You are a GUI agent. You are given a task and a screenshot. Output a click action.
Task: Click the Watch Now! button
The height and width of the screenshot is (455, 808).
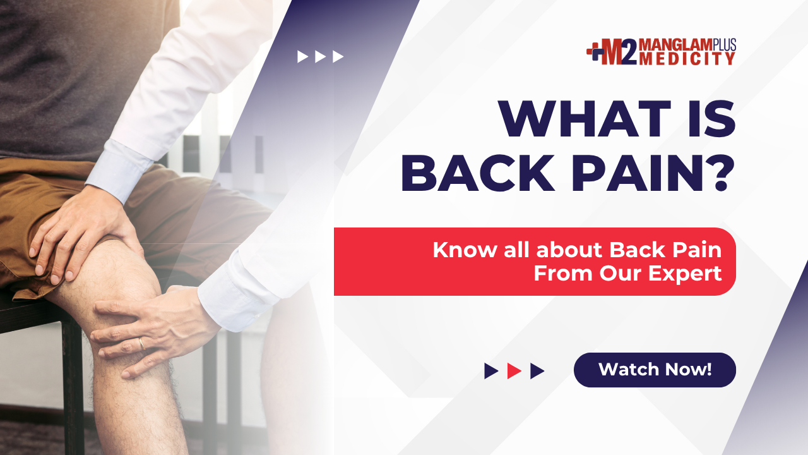pos(655,370)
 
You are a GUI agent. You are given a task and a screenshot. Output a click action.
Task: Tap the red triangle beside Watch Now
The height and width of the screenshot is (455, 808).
pos(514,371)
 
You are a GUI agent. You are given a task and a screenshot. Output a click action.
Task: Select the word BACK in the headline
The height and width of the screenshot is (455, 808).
pos(478,173)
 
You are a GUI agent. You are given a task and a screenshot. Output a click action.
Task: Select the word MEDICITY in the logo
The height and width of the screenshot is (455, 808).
pos(687,59)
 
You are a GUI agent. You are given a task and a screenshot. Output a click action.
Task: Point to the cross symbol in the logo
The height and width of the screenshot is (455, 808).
pos(595,52)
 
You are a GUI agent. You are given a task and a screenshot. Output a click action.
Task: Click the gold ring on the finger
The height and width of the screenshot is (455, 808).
pos(142,343)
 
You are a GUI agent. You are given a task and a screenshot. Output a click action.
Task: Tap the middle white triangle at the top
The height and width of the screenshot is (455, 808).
pos(320,57)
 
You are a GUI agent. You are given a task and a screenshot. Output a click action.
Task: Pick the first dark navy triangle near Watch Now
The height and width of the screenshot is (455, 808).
pos(491,371)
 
